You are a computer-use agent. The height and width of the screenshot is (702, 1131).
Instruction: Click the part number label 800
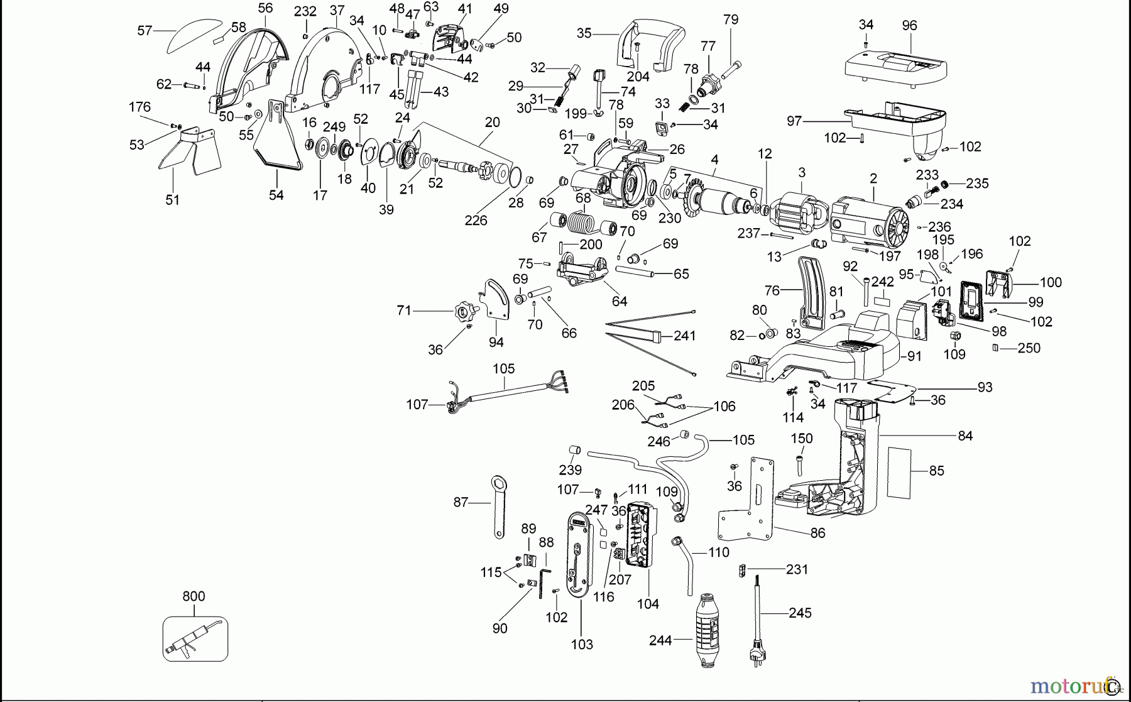[194, 596]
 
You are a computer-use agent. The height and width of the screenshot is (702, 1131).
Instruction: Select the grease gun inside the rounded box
[194, 639]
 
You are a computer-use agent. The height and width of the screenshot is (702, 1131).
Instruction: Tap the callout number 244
[660, 640]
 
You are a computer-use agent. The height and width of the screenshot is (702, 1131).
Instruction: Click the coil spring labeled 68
[584, 222]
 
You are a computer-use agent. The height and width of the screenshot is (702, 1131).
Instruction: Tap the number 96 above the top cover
[909, 26]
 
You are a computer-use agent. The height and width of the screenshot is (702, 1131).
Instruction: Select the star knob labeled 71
[466, 310]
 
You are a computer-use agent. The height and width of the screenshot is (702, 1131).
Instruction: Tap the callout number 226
[476, 221]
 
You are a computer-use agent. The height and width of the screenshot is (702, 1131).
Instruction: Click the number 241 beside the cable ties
[684, 336]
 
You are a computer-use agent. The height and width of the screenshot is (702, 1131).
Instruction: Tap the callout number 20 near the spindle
[492, 123]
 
